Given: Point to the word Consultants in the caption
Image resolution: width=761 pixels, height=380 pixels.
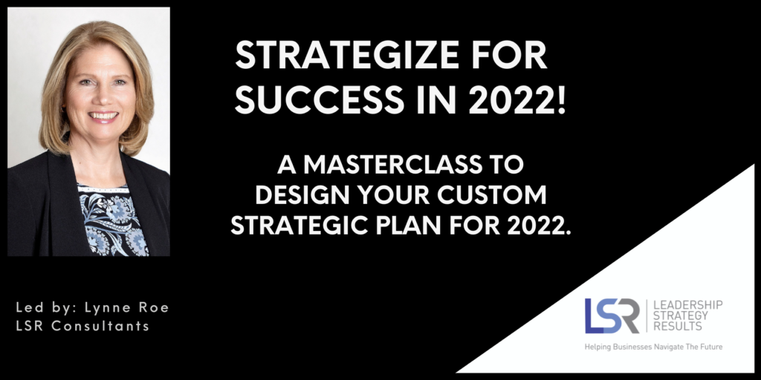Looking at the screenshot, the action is (100, 326).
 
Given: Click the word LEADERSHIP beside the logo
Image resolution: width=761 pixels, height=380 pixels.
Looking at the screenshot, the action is (687, 304).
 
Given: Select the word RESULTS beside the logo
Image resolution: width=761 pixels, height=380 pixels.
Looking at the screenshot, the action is (678, 327).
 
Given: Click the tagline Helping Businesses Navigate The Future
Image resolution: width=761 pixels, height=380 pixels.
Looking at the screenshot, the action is (653, 347).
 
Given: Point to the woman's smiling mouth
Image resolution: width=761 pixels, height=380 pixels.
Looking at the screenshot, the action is (103, 117).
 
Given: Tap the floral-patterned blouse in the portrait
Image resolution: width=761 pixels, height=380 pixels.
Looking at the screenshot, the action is (113, 220).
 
